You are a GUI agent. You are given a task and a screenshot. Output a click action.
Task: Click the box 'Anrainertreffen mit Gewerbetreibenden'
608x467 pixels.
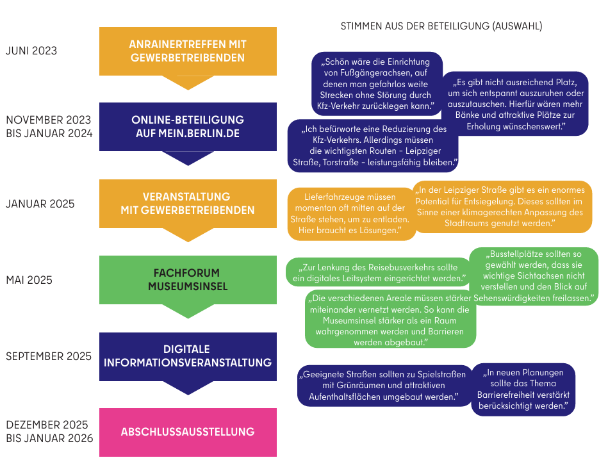pyautogui.click(x=188, y=51)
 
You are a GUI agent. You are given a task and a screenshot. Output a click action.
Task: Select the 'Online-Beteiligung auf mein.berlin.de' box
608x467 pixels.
pyautogui.click(x=188, y=127)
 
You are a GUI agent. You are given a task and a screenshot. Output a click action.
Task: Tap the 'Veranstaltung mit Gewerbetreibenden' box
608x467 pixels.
pyautogui.click(x=188, y=204)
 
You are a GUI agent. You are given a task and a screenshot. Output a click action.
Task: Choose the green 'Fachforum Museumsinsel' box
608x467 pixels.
pyautogui.click(x=188, y=280)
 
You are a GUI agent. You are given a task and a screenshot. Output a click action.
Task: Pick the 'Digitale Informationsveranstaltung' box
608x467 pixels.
pyautogui.click(x=188, y=357)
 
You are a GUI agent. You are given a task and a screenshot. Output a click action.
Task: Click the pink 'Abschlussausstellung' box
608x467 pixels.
pyautogui.click(x=188, y=432)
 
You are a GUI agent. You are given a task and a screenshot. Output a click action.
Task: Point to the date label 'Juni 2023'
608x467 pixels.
pyautogui.click(x=31, y=51)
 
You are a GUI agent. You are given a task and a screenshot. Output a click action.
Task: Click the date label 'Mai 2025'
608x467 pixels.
pyautogui.click(x=29, y=280)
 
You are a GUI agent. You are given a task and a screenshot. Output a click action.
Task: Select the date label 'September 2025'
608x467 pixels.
pyautogui.click(x=49, y=356)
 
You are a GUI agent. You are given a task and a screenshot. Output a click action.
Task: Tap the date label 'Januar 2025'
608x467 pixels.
pyautogui.click(x=40, y=204)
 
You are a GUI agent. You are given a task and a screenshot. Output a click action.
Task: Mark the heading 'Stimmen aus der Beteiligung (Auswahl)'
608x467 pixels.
pyautogui.click(x=441, y=26)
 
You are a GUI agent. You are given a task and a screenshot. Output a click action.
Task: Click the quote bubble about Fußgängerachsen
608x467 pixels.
pyautogui.click(x=376, y=84)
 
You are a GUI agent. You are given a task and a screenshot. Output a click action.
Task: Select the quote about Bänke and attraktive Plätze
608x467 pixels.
pyautogui.click(x=516, y=104)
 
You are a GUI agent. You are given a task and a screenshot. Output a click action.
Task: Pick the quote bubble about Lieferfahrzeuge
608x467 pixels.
pyautogui.click(x=350, y=213)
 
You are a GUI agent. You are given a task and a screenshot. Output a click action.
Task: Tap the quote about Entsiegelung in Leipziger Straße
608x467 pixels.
pyautogui.click(x=502, y=206)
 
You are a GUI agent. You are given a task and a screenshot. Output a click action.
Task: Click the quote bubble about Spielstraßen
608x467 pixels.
pyautogui.click(x=384, y=386)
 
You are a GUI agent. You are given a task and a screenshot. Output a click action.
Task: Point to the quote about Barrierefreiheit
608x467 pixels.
pyautogui.click(x=523, y=389)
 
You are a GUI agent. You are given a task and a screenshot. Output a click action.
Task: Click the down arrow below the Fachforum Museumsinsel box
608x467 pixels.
pyautogui.click(x=188, y=311)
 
